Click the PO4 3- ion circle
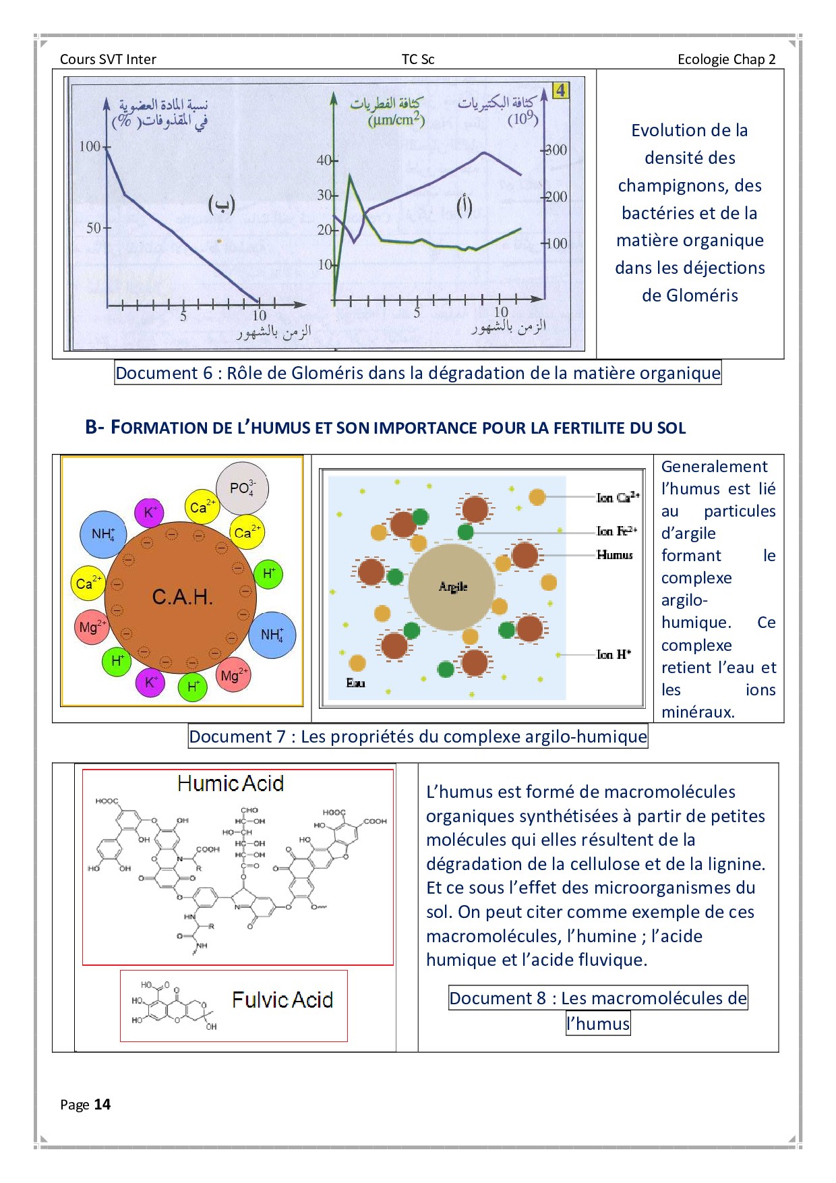[242, 488]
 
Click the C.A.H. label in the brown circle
[182, 597]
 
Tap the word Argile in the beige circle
[453, 587]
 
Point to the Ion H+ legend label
[614, 654]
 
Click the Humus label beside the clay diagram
[615, 555]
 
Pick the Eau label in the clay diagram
[355, 683]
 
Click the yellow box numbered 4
[560, 90]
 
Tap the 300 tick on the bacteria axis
[556, 150]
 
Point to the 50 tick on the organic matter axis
[94, 228]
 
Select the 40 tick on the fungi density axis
[324, 161]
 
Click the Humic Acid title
[231, 783]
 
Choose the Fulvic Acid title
[282, 1000]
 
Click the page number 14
[102, 1104]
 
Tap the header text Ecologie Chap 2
[726, 59]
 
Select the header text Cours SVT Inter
[108, 59]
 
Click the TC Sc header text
[418, 59]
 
